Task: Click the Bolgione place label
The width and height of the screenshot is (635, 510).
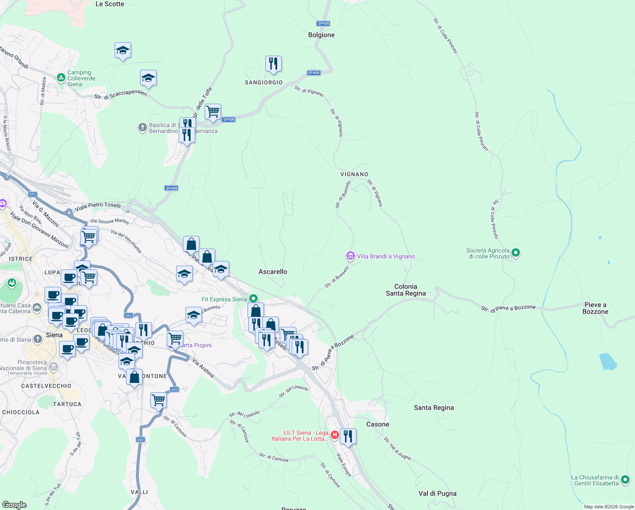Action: (x=321, y=35)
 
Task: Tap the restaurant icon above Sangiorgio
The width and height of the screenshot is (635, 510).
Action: (x=273, y=64)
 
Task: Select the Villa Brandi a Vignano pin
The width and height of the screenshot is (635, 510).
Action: (x=350, y=256)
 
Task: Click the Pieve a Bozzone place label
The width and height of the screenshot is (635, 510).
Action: (x=595, y=308)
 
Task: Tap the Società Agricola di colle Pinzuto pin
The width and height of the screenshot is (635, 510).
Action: (x=516, y=253)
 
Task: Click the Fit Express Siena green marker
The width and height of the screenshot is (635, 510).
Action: (x=253, y=299)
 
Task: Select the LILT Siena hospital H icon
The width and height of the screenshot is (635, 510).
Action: (x=334, y=435)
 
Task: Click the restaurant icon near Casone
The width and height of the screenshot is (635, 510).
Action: (x=348, y=436)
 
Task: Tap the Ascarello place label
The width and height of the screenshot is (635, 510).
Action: (x=273, y=272)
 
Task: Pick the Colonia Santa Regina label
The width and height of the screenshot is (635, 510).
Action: (x=405, y=290)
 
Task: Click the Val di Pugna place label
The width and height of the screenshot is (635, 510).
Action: (x=437, y=493)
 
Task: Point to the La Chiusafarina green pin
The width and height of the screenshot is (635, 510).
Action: (x=625, y=480)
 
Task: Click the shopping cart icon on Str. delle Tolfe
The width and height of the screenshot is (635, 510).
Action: (x=213, y=112)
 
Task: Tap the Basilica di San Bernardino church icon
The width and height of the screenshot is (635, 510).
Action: (x=143, y=127)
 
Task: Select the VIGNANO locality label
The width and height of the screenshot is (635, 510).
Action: (x=354, y=174)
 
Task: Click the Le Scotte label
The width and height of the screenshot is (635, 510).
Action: (x=110, y=4)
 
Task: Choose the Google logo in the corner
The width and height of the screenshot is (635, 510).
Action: (x=14, y=504)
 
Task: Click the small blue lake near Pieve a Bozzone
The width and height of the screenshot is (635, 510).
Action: (x=608, y=361)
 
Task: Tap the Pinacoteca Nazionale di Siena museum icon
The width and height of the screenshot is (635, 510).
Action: (x=53, y=366)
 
